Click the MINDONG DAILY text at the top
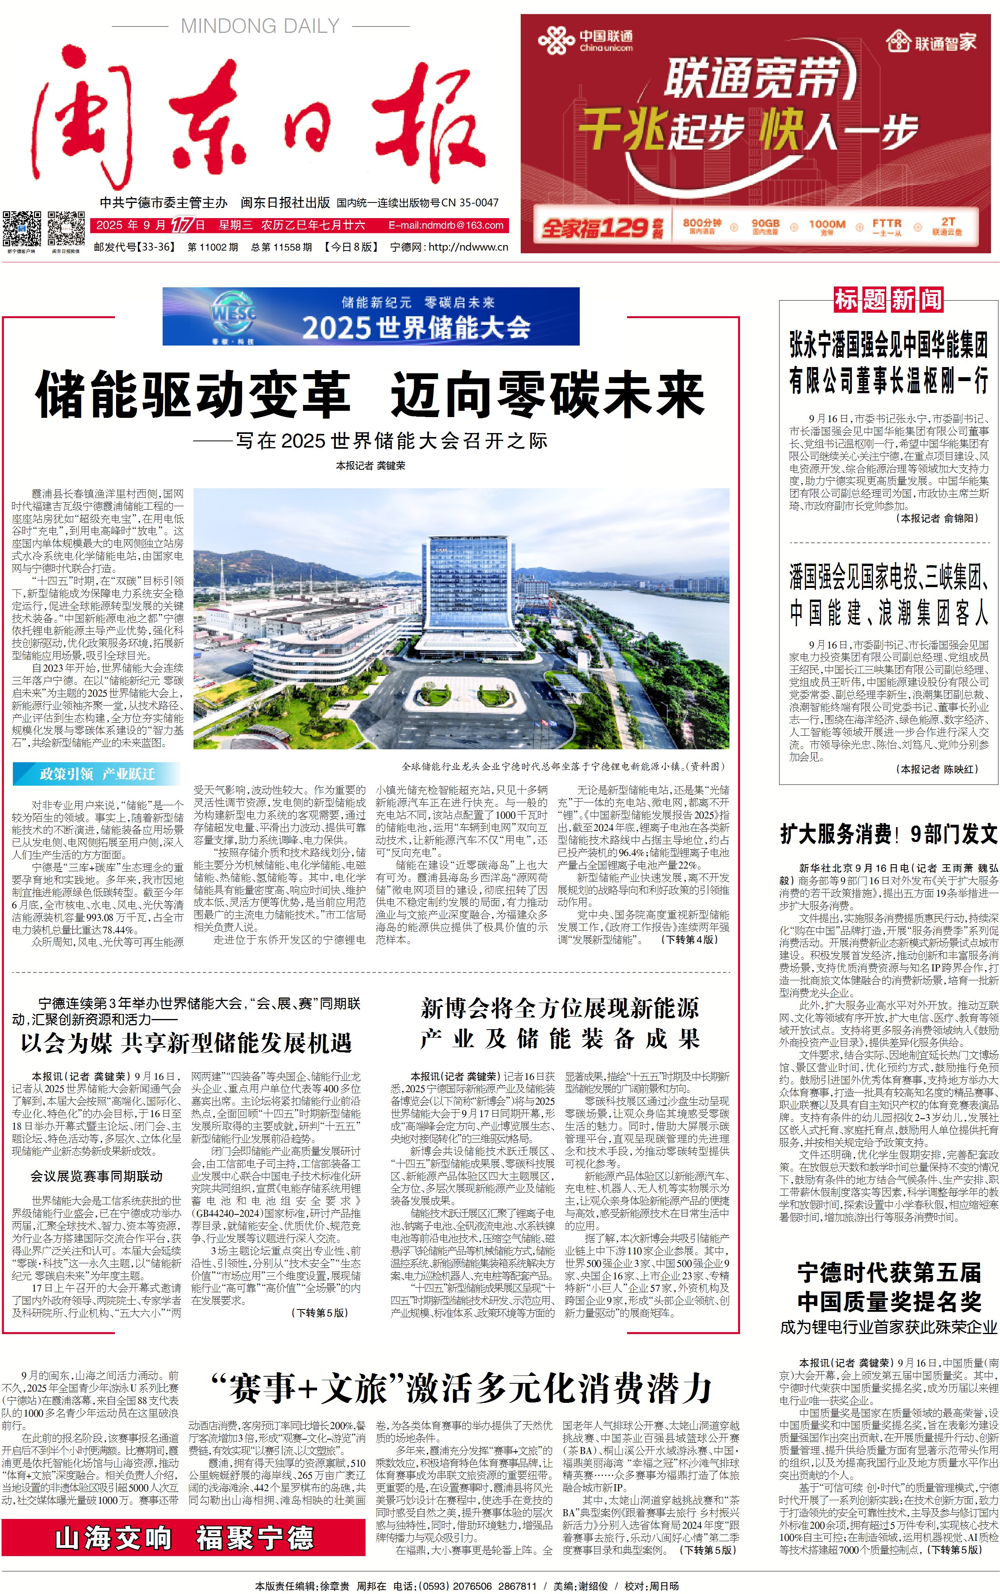pyautogui.click(x=260, y=27)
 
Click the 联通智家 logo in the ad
pyautogui.click(x=931, y=42)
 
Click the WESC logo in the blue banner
pyautogui.click(x=233, y=315)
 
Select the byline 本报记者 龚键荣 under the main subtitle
pyautogui.click(x=370, y=466)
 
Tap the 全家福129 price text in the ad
pyautogui.click(x=593, y=228)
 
